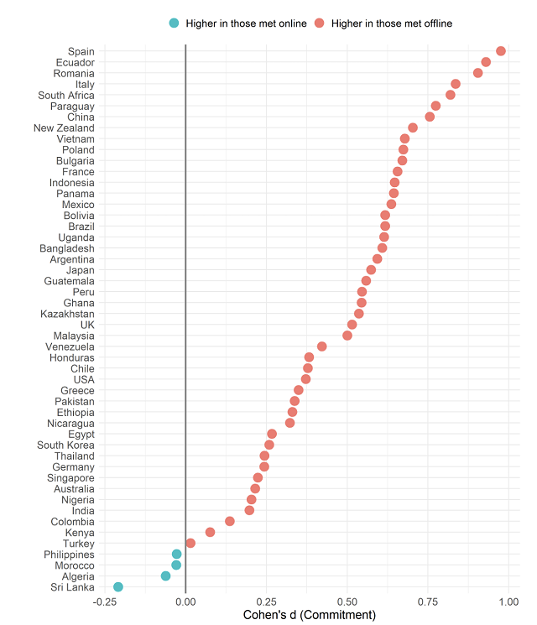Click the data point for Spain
[x=501, y=51]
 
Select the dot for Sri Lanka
[x=118, y=587]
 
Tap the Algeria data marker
[x=166, y=576]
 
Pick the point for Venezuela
[x=322, y=346]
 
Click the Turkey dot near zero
[x=190, y=544]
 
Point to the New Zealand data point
[x=413, y=128]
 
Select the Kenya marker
[x=211, y=533]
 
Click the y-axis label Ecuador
[x=75, y=62]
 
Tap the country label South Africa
[x=66, y=95]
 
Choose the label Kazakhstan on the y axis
[x=67, y=314]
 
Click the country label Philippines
[x=69, y=555]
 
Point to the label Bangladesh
[x=67, y=248]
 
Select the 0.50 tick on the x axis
[x=347, y=602]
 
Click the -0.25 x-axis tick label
[x=104, y=602]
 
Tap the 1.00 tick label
[x=508, y=602]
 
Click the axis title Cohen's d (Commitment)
[x=308, y=615]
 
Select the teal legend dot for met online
[x=174, y=23]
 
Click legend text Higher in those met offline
[x=392, y=23]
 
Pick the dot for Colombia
[x=230, y=522]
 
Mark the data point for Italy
[x=456, y=84]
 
